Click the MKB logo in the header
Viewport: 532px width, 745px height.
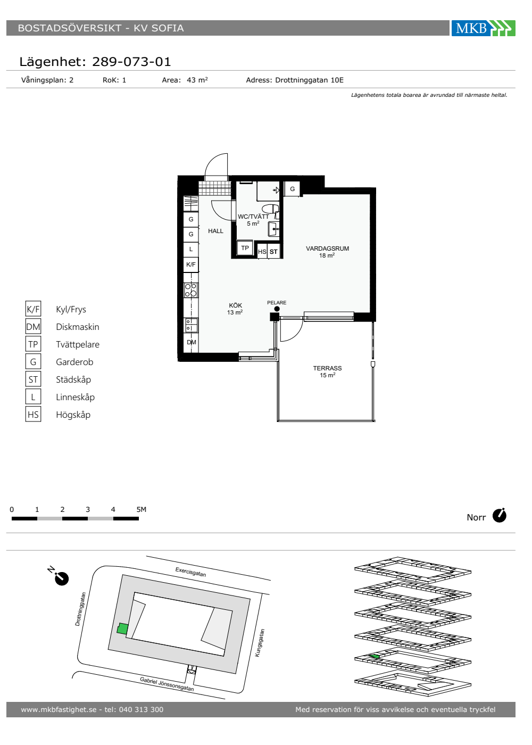(483, 28)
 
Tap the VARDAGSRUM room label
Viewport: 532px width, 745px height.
(327, 249)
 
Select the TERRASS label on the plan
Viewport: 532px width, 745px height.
(327, 368)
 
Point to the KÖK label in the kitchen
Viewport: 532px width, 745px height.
(235, 305)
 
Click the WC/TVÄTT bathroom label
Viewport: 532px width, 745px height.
(253, 217)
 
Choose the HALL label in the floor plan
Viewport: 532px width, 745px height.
(215, 231)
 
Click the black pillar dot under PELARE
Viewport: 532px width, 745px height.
(277, 309)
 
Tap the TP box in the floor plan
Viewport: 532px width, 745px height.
(245, 248)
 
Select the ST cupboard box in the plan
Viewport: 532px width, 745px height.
(273, 252)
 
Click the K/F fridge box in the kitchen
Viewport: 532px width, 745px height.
(191, 265)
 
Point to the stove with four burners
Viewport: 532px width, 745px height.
(191, 290)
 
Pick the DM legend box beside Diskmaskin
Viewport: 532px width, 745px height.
(33, 327)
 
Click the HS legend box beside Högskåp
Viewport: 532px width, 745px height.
(33, 415)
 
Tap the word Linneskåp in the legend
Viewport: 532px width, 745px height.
(75, 397)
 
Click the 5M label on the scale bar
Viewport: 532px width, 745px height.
(142, 509)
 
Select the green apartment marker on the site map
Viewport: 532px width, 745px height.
(122, 628)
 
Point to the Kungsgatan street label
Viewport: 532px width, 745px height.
(260, 643)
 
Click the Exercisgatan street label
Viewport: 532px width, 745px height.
(190, 572)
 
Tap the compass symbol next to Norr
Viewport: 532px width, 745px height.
(500, 516)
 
